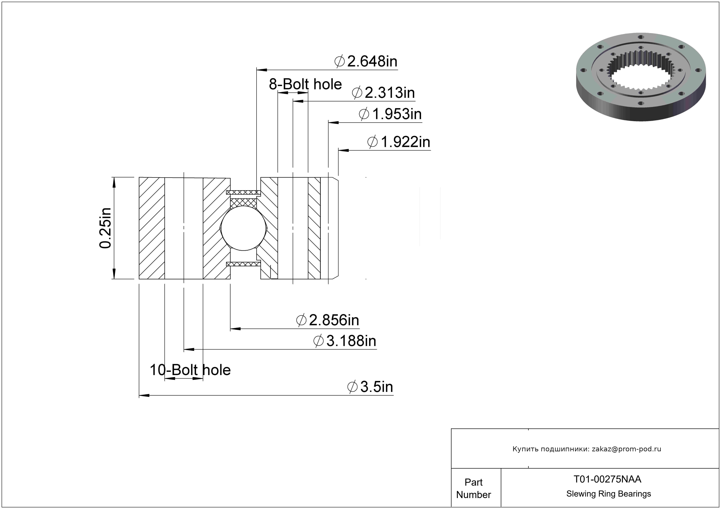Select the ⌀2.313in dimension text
click(383, 93)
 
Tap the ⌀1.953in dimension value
click(390, 114)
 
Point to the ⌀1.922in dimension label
click(399, 142)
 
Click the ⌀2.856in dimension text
click(328, 320)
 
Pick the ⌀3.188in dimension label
click(345, 341)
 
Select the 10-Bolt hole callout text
click(190, 370)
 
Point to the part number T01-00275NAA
click(607, 479)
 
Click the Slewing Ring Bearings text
click(609, 494)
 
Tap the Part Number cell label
click(474, 488)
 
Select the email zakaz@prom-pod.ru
click(626, 449)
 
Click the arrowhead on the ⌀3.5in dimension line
click(144, 395)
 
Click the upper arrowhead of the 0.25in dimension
click(114, 182)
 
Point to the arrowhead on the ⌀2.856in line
click(235, 329)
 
